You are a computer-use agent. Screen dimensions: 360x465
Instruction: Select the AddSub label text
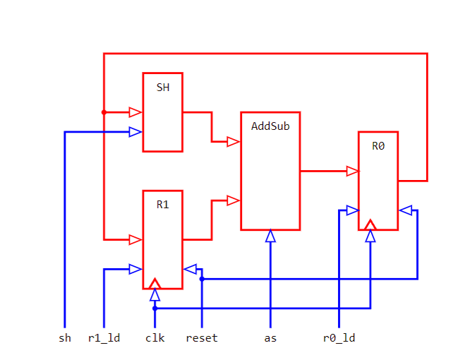click(270, 126)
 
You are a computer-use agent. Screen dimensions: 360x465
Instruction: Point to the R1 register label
click(162, 205)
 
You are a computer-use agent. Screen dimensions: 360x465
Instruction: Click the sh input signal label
click(65, 338)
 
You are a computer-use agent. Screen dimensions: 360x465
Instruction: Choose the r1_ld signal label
click(104, 338)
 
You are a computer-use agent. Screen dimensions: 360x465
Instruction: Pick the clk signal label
click(155, 338)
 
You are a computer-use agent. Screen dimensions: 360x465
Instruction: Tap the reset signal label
click(202, 338)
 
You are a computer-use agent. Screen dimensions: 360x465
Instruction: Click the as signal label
click(270, 338)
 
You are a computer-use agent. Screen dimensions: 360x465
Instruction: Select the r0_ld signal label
click(339, 338)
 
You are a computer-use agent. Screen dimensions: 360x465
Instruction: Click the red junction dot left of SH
click(104, 112)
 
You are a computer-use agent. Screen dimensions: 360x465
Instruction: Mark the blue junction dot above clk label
click(155, 308)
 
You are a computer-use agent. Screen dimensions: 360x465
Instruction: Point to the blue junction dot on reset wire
click(202, 279)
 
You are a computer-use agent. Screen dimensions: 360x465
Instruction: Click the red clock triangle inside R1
click(155, 284)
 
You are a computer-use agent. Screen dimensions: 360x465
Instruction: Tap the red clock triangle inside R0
click(370, 225)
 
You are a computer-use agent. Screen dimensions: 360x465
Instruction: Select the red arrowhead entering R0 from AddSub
click(352, 171)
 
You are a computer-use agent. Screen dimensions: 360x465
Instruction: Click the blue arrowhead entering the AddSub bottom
click(270, 236)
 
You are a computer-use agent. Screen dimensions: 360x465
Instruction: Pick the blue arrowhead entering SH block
click(136, 131)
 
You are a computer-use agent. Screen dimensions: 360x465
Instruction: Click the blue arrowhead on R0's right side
click(405, 210)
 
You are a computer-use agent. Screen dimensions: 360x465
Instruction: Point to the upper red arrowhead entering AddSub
click(234, 142)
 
